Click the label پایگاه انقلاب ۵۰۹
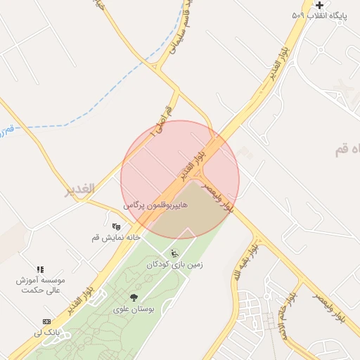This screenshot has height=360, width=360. [320, 15]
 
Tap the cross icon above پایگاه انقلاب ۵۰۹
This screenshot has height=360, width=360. [319, 5]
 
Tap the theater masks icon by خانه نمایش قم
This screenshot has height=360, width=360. [116, 226]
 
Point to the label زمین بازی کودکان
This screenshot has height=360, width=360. [174, 265]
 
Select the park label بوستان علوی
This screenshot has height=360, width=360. [134, 309]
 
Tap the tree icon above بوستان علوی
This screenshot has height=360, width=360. [134, 298]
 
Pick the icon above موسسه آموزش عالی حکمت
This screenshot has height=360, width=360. [40, 269]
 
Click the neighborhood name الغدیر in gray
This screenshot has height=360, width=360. [79, 189]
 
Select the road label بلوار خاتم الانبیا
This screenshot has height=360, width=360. [288, 316]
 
